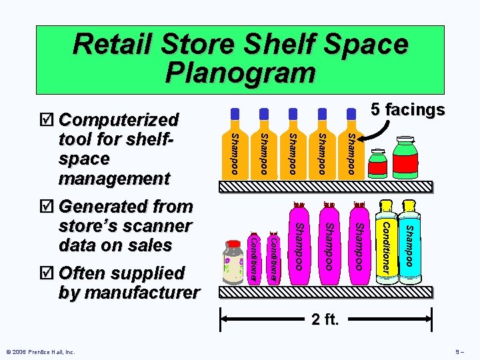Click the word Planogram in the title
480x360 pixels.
click(x=240, y=72)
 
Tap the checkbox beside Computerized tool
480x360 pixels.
click(x=46, y=121)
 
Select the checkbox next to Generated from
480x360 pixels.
click(x=46, y=207)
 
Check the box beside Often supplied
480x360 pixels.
click(x=46, y=274)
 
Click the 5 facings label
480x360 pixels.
click(x=408, y=109)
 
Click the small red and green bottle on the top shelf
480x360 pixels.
click(x=378, y=163)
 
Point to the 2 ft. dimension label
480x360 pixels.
click(x=326, y=320)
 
